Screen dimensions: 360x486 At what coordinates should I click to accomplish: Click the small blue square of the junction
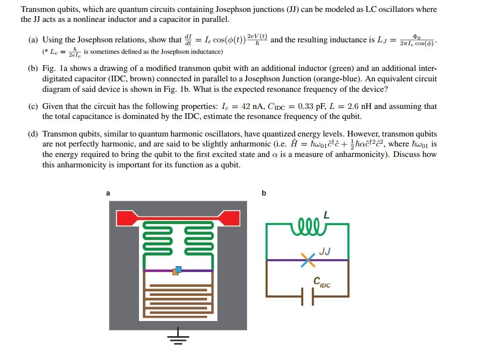coord(179,269)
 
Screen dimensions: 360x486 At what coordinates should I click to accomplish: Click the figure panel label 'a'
coord(108,193)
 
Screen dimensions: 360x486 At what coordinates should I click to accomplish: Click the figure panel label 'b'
coord(264,193)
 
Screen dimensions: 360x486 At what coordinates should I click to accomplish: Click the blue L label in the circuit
coord(326,214)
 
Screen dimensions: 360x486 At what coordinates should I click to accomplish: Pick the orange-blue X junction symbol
coord(307,260)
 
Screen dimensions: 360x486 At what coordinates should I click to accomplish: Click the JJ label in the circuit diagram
coord(325,251)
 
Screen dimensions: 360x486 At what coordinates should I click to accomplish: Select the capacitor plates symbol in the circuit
coord(307,297)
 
